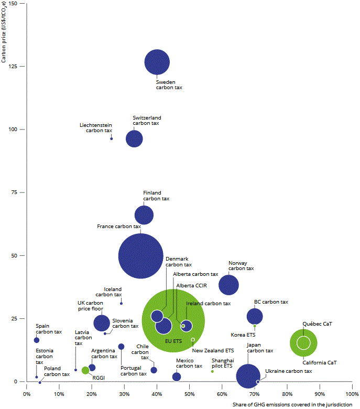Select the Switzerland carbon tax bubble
pyautogui.click(x=135, y=138)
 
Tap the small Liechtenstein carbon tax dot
pyautogui.click(x=112, y=138)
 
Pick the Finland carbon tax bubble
pyautogui.click(x=144, y=215)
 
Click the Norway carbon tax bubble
pyautogui.click(x=228, y=284)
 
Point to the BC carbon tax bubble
pyautogui.click(x=255, y=316)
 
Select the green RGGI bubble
pyautogui.click(x=85, y=370)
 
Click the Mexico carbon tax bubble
pyautogui.click(x=177, y=376)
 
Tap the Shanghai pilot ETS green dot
pyautogui.click(x=212, y=371)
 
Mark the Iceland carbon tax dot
pyautogui.click(x=121, y=303)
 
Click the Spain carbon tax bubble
pyautogui.click(x=37, y=340)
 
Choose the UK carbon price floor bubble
pyautogui.click(x=102, y=323)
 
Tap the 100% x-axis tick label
pyautogui.click(x=351, y=393)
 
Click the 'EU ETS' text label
pyautogui.click(x=173, y=341)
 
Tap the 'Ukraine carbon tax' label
pyautogui.click(x=288, y=371)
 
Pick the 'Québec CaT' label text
pyautogui.click(x=318, y=324)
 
